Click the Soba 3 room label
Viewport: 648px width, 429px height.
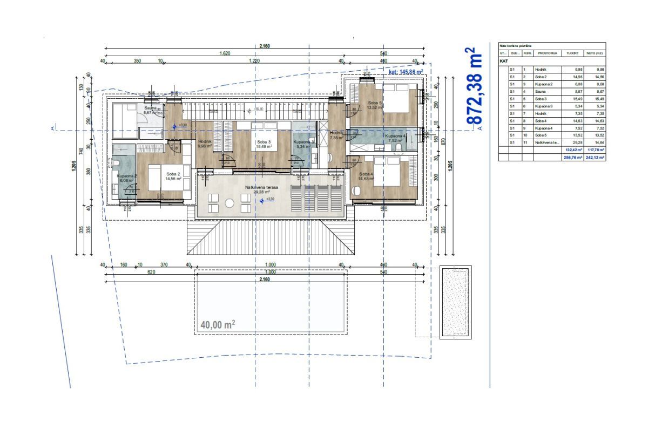point(263,142)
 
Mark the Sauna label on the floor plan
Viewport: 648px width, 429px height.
point(150,108)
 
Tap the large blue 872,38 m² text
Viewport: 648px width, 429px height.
point(473,86)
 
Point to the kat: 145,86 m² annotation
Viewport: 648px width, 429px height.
point(408,71)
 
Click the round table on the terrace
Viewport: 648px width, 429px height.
point(230,203)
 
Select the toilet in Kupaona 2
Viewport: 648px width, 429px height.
point(117,162)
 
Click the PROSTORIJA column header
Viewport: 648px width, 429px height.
point(547,53)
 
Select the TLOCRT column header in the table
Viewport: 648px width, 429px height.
point(571,53)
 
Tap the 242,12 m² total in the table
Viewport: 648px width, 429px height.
point(595,158)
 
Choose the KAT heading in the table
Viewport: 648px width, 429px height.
point(504,62)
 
